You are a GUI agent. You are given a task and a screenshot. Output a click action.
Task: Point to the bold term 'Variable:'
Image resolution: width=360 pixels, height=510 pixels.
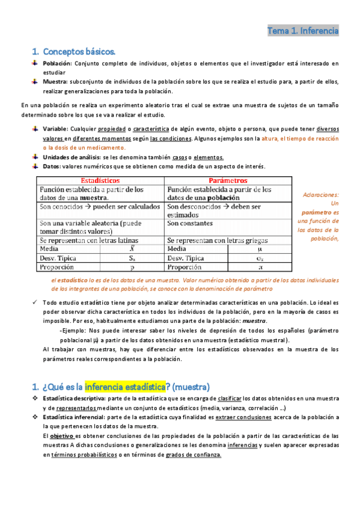coord(56,129)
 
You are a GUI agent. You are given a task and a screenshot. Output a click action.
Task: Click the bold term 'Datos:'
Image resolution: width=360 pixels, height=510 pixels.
coord(52,167)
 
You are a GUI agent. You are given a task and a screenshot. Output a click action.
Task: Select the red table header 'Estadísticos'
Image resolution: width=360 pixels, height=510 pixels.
coord(100,180)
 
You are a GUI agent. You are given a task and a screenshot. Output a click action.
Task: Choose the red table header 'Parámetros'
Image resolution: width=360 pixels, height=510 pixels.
coord(228,180)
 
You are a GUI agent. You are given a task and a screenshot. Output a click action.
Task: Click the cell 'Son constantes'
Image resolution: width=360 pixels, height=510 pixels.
coord(192,223)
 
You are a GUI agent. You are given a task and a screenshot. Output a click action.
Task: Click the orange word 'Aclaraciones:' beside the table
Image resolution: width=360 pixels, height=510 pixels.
coord(321,195)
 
